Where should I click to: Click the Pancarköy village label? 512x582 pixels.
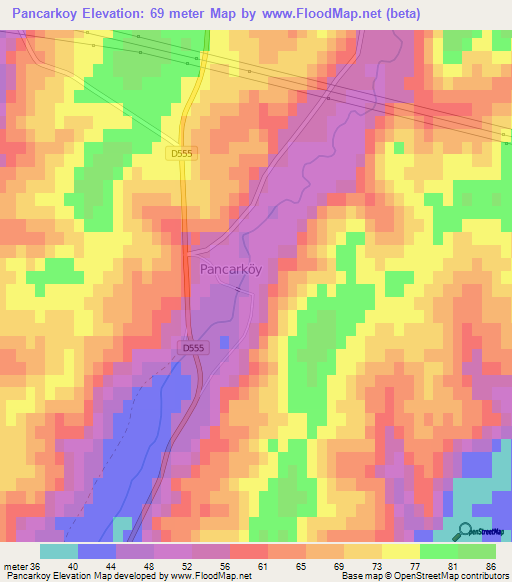tap(237, 269)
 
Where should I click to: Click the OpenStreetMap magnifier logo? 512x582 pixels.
tap(467, 532)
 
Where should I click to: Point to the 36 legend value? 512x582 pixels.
tap(38, 566)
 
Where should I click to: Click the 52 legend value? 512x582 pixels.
tap(191, 566)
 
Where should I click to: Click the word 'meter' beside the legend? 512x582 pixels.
tap(15, 566)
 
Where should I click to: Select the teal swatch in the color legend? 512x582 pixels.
tap(59, 551)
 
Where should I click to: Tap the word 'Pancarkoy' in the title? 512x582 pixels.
tap(41, 13)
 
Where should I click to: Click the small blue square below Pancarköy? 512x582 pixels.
tap(225, 342)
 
